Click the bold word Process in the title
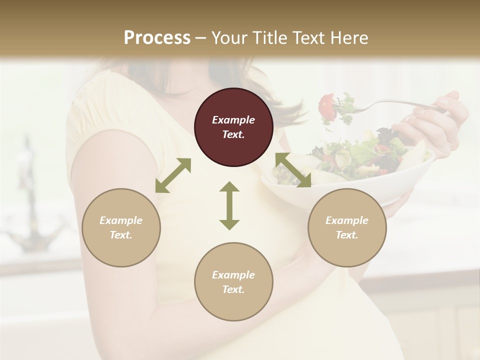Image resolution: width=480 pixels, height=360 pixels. (x=157, y=38)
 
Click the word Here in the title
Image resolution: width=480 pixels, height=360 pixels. (x=348, y=38)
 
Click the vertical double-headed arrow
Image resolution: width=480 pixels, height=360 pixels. (x=229, y=205)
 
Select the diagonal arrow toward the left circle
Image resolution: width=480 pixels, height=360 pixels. (x=173, y=175)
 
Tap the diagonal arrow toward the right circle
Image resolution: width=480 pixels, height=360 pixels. (x=293, y=170)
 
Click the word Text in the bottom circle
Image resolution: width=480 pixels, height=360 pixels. (x=233, y=289)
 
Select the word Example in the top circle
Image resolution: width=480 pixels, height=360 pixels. (x=233, y=120)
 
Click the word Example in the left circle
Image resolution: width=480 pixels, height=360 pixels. (x=121, y=220)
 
